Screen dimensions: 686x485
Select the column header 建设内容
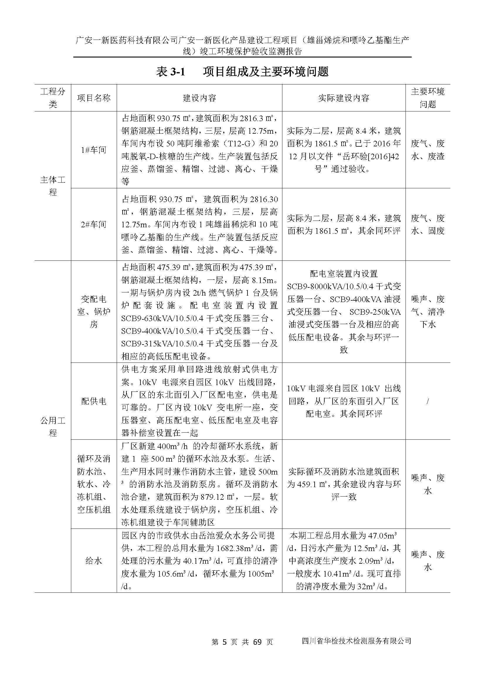pos(199,98)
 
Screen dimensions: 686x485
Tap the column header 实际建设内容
pos(343,98)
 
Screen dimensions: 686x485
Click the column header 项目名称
pos(94,98)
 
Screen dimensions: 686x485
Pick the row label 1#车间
pos(94,150)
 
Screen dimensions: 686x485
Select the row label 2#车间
pos(94,224)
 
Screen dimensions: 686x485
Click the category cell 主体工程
pos(52,186)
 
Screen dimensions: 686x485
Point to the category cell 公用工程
pos(52,426)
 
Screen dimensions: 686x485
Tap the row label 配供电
pos(94,401)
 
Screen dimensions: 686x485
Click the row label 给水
pos(94,561)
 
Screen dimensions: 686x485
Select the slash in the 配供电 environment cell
pos(428,401)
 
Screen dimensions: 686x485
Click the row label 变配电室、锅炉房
pos(94,312)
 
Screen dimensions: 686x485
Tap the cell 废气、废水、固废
pos(428,224)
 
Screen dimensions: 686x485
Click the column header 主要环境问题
pos(428,98)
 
